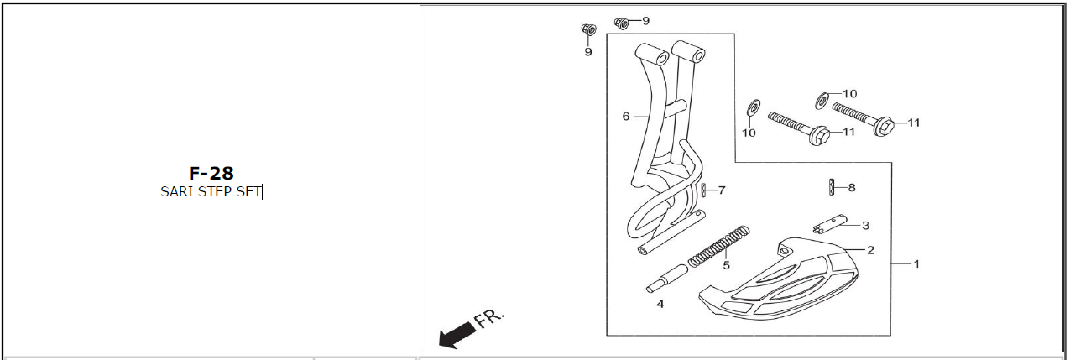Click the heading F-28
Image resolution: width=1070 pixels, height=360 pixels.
(211, 173)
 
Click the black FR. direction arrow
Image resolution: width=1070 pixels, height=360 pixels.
(457, 334)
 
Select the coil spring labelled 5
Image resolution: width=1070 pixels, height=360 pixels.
(719, 245)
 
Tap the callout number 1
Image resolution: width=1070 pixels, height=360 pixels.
(916, 263)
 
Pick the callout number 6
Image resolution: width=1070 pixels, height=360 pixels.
(626, 117)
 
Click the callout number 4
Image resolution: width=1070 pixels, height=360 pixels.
(660, 304)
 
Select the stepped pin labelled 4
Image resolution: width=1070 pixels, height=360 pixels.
(667, 279)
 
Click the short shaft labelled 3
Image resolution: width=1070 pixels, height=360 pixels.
(830, 224)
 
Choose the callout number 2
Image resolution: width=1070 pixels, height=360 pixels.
(870, 250)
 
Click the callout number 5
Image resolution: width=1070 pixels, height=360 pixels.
(726, 265)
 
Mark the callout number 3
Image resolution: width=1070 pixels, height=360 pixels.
(865, 226)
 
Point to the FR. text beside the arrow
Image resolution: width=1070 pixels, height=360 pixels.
(489, 319)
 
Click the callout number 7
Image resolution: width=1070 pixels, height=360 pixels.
(722, 190)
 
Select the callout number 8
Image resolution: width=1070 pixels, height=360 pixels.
(852, 188)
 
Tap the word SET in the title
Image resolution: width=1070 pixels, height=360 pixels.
(248, 192)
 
